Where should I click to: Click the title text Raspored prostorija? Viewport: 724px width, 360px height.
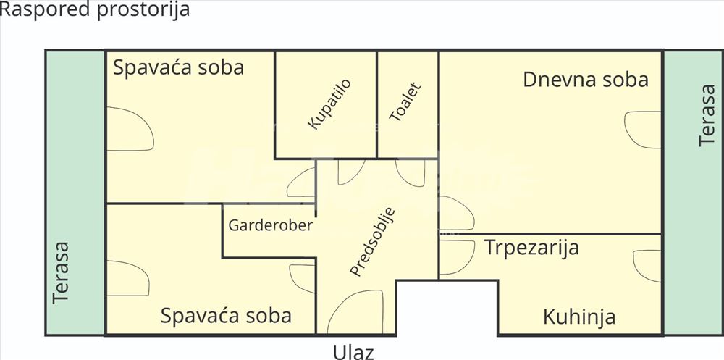(95, 9)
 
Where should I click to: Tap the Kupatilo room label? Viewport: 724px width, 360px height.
(329, 104)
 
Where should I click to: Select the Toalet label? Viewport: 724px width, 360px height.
(405, 102)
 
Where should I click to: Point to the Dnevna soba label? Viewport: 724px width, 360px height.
(586, 80)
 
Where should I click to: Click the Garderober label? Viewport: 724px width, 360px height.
(271, 225)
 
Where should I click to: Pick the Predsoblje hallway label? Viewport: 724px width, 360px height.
(373, 242)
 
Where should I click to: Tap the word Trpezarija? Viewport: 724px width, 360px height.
(531, 248)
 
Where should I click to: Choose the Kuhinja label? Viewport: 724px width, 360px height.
(579, 317)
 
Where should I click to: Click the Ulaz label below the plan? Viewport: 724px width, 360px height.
(353, 352)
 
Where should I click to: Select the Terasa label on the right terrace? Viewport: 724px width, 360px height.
(707, 115)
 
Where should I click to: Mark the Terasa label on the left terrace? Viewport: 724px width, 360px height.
(61, 272)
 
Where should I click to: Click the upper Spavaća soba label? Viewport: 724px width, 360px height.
(178, 67)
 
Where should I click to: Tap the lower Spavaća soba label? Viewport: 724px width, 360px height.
(226, 316)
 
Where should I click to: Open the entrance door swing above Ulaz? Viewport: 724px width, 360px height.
(355, 311)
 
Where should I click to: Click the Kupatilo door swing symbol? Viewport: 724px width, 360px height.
(351, 172)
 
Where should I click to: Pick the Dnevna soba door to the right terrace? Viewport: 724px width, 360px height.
(642, 130)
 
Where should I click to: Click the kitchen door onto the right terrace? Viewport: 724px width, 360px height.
(647, 266)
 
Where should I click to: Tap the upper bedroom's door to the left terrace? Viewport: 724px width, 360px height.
(130, 129)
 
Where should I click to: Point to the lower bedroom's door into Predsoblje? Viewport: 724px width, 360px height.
(302, 278)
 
